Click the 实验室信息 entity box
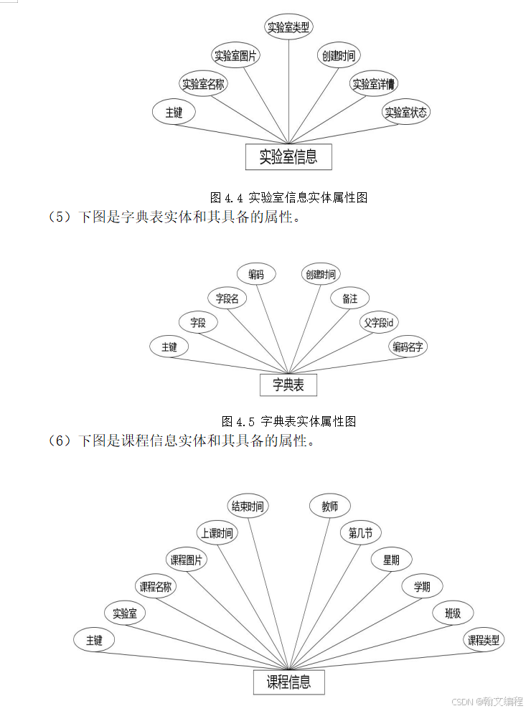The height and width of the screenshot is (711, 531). click(x=288, y=156)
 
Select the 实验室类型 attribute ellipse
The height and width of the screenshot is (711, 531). click(x=288, y=27)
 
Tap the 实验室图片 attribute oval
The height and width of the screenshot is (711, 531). click(x=237, y=55)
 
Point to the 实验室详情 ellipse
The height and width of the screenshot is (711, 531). click(x=375, y=83)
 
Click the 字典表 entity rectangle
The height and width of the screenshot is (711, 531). click(x=288, y=385)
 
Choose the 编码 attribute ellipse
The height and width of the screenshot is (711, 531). click(x=256, y=274)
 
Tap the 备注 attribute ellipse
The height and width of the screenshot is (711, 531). click(x=349, y=298)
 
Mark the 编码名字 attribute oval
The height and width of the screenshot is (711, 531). click(x=408, y=347)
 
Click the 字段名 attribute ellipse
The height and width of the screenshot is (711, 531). click(x=227, y=298)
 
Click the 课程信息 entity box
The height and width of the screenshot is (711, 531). click(x=288, y=682)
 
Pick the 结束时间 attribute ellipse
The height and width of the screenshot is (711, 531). click(x=248, y=506)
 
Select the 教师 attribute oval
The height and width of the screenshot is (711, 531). click(x=329, y=506)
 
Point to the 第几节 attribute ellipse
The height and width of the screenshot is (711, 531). click(x=360, y=533)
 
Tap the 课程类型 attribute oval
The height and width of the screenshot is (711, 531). click(x=484, y=640)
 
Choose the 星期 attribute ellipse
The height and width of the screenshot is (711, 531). click(x=391, y=560)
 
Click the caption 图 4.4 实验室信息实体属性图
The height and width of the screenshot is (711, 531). click(x=288, y=197)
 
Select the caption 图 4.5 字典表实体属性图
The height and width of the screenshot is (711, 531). click(x=288, y=421)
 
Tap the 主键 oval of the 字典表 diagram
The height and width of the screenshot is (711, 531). click(x=169, y=347)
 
